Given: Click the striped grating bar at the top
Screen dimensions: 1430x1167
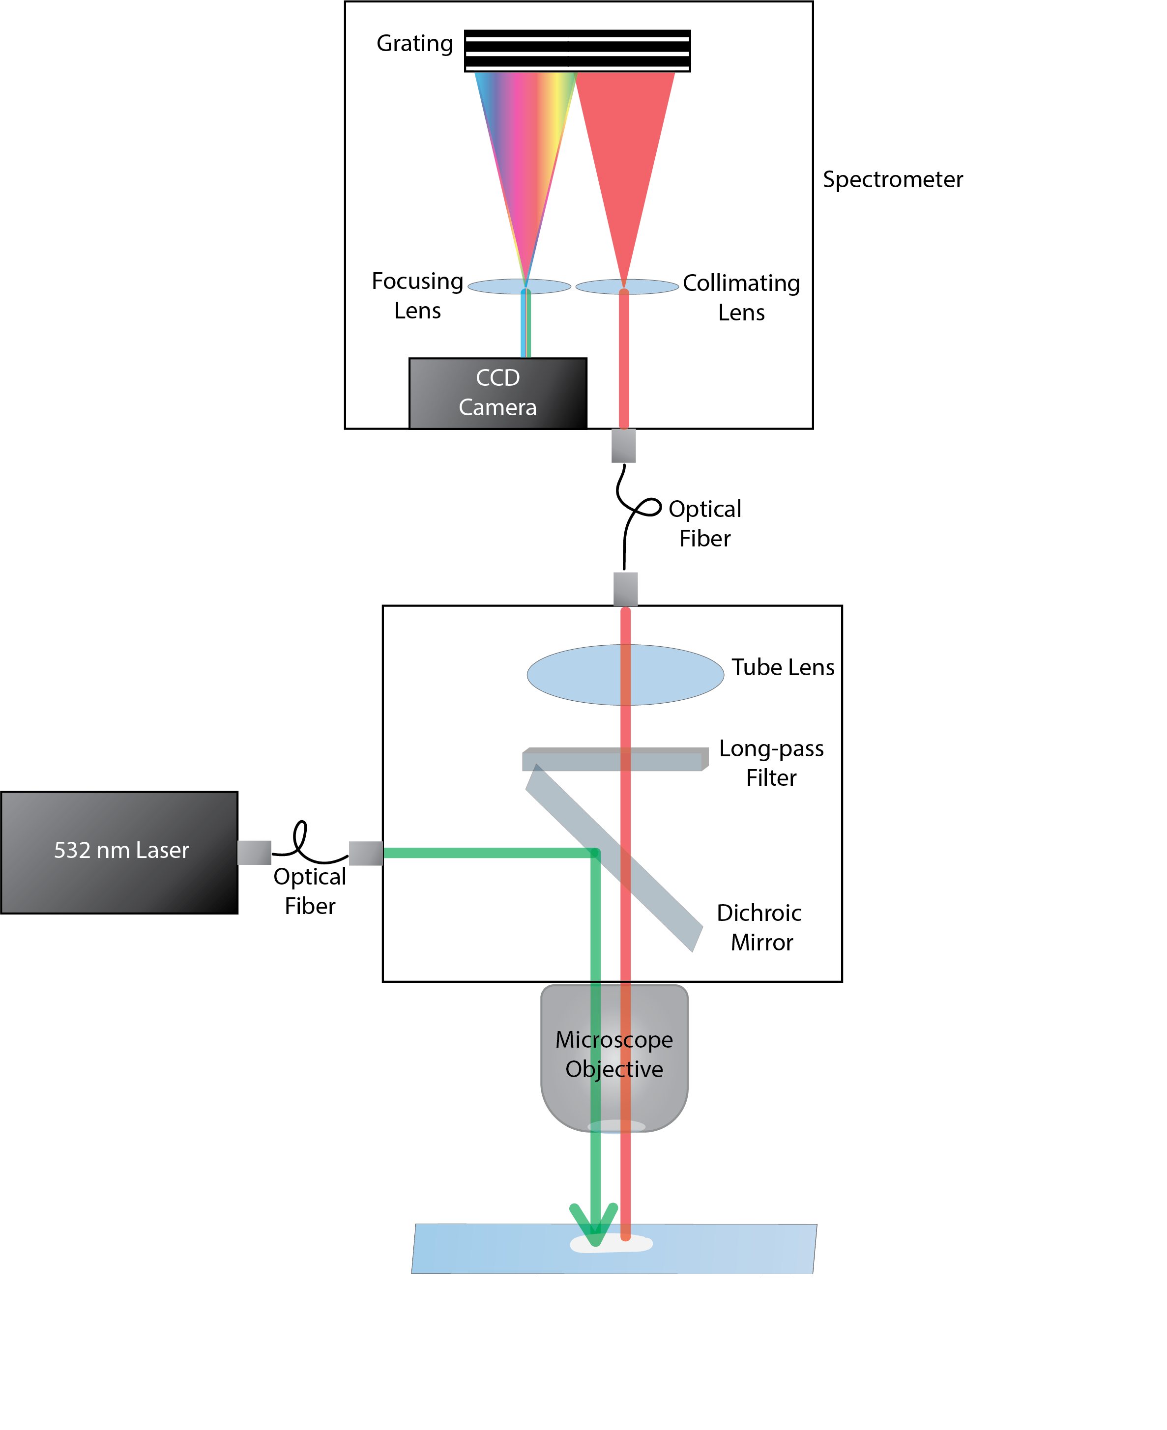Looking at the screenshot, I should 577,51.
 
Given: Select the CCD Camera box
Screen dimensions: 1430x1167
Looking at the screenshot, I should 497,393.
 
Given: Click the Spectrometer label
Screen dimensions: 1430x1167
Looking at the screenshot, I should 892,179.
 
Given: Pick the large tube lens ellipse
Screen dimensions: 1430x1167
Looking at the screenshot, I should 571,675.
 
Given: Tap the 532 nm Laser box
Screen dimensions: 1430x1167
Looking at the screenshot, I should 119,852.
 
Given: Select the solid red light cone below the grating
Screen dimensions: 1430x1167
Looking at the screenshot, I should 625,148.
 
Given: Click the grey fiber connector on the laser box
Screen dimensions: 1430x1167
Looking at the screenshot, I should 254,852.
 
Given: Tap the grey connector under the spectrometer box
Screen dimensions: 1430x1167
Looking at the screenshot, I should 623,446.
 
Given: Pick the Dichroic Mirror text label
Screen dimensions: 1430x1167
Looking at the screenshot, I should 759,927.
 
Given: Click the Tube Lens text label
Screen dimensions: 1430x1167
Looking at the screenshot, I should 783,667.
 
